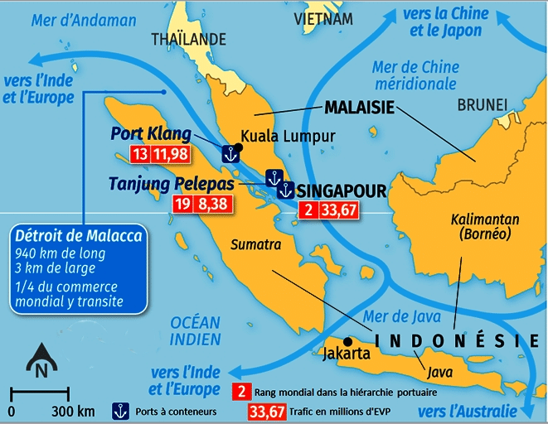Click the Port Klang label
point(151,134)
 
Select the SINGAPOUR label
point(341,191)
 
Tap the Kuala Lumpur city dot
point(238,148)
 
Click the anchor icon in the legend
point(120,409)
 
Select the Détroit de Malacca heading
point(80,236)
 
